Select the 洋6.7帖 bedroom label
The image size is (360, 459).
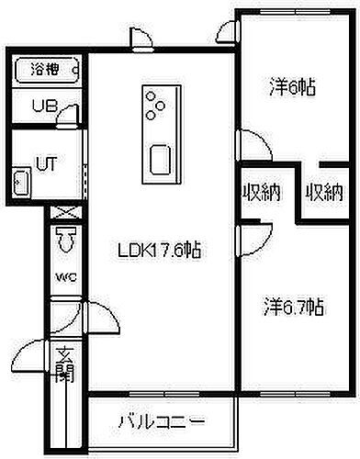coord(295,305)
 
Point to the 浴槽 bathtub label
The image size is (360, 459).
coord(42,69)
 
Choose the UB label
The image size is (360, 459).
coord(42,106)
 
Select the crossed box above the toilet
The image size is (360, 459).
coord(64,215)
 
